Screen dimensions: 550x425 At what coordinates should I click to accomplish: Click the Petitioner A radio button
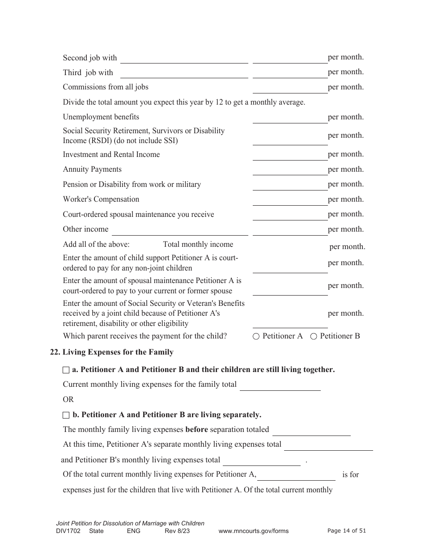click(256, 337)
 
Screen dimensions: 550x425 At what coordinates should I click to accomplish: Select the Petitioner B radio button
click(314, 337)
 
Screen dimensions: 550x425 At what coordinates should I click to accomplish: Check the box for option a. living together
click(66, 370)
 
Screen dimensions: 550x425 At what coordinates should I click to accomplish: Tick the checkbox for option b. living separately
click(66, 415)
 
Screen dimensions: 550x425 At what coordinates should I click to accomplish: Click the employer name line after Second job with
click(184, 59)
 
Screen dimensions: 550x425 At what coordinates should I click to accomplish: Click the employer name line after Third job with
click(184, 73)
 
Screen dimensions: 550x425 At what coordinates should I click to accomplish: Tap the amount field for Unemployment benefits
click(290, 118)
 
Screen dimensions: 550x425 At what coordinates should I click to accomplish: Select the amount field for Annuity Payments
click(290, 170)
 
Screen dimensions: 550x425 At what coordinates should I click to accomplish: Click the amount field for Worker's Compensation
click(290, 200)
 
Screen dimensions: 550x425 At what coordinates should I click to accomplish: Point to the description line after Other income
click(179, 230)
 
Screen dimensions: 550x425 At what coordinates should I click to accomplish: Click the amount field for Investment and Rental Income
click(290, 156)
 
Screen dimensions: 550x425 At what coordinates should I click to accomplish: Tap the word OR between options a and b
click(68, 399)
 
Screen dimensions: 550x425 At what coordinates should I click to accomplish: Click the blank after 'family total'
click(280, 385)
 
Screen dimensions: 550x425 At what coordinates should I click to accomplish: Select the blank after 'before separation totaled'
click(311, 431)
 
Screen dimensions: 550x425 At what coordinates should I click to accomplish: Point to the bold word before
click(196, 430)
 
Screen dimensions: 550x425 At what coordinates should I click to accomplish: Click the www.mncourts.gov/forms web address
click(253, 531)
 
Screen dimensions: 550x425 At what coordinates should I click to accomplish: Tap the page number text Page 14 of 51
click(347, 531)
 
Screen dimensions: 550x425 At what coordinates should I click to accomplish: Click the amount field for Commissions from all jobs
click(290, 88)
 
